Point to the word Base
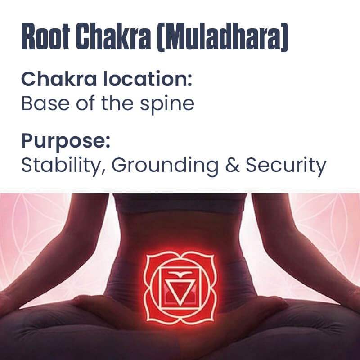41,103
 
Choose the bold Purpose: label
66,141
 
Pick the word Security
286,166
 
